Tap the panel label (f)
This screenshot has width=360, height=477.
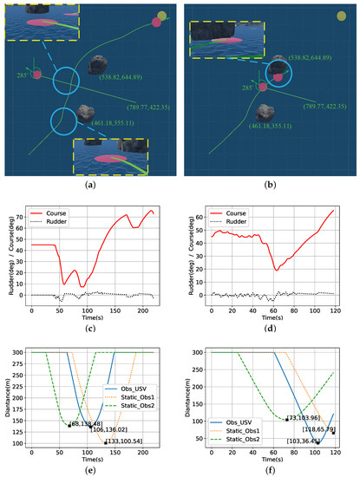(272, 471)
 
